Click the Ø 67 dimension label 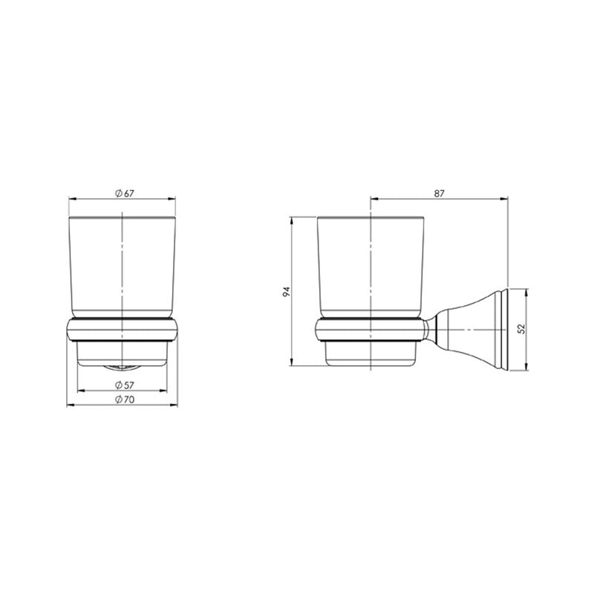[x=124, y=193]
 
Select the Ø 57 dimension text [x=124, y=385]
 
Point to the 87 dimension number [x=439, y=193]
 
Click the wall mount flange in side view [x=503, y=329]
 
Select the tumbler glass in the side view [x=371, y=267]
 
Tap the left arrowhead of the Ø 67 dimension [x=71, y=198]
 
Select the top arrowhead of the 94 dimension [x=294, y=221]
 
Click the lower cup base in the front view [x=123, y=353]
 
